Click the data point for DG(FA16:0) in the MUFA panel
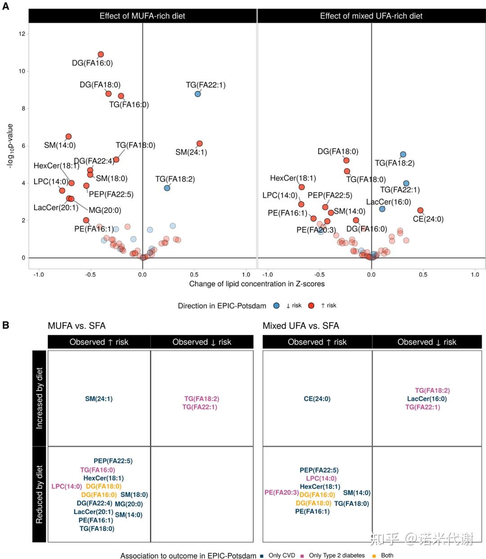pyautogui.click(x=101, y=54)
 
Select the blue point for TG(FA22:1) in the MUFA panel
pyautogui.click(x=198, y=94)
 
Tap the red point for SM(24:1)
pyautogui.click(x=199, y=144)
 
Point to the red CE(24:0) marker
pyautogui.click(x=420, y=210)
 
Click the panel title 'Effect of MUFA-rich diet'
pyautogui.click(x=142, y=16)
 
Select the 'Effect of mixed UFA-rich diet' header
pyautogui.click(x=371, y=16)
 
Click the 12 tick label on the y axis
pyautogui.click(x=22, y=34)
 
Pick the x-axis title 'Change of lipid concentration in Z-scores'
pyautogui.click(x=256, y=284)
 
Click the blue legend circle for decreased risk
pyautogui.click(x=276, y=306)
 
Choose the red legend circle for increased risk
pyautogui.click(x=311, y=306)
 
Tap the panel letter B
pyautogui.click(x=6, y=324)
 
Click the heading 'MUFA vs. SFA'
pyautogui.click(x=76, y=326)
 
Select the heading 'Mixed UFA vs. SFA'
pyautogui.click(x=301, y=326)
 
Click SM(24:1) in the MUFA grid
pyautogui.click(x=99, y=399)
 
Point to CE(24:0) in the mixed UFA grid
pyautogui.click(x=317, y=399)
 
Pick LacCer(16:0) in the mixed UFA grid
pyautogui.click(x=427, y=399)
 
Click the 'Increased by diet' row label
pyautogui.click(x=40, y=398)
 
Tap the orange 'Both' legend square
pyautogui.click(x=374, y=556)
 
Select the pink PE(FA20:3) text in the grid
pyautogui.click(x=281, y=492)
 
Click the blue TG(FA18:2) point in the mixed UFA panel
pyautogui.click(x=403, y=155)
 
